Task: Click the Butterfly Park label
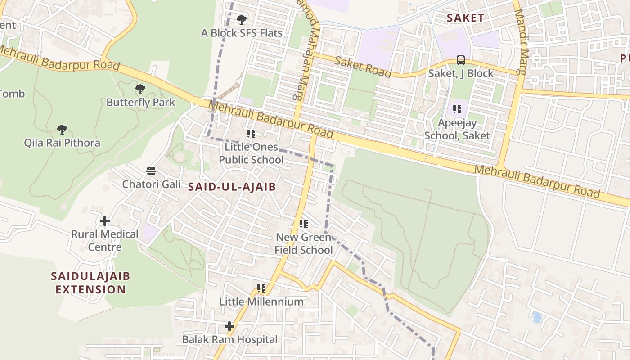point(140,102)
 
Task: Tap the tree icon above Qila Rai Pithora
point(62,130)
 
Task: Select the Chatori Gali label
point(151,184)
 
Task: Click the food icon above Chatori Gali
point(151,171)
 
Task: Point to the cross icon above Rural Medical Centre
point(105,221)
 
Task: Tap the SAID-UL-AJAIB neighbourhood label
point(231,187)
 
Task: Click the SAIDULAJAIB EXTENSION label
point(90,283)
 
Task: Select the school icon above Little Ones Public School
point(251,134)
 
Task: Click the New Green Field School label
point(304,243)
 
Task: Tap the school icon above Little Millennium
point(261,288)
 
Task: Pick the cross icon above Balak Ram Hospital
point(229,326)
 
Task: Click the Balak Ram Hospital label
point(229,339)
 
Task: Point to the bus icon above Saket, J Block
point(461,60)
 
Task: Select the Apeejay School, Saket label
point(457,129)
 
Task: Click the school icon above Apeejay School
point(457,109)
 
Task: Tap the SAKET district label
point(465,18)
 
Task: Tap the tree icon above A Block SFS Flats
point(242,20)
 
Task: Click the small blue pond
point(537,317)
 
